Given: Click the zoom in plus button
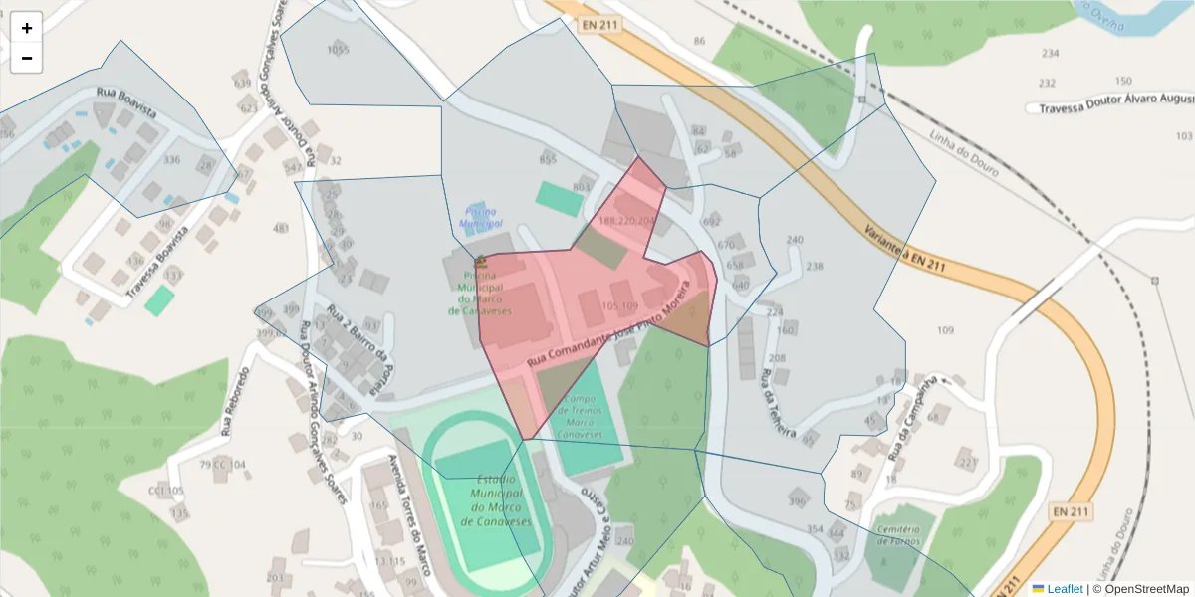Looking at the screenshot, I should tap(27, 27).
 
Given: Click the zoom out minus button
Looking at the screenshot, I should tap(27, 58).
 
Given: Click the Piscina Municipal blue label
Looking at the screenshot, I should tap(482, 218).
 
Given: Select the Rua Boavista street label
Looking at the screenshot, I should tap(126, 103).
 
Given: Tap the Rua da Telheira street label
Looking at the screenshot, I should tap(778, 404).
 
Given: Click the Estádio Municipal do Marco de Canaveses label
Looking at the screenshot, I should tap(501, 500).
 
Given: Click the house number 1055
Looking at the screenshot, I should tap(339, 50).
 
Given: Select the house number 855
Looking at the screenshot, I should tap(547, 159).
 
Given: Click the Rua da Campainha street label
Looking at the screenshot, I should tap(914, 408).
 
